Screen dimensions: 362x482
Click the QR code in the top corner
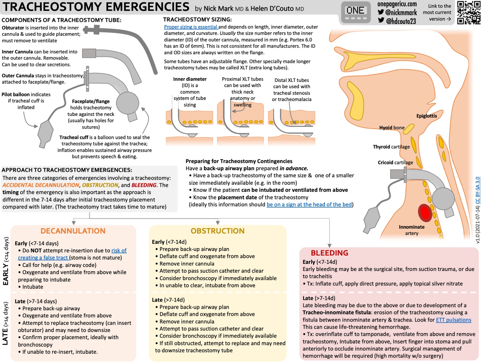pyautogui.click(x=469, y=13)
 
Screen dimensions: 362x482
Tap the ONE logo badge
pyautogui.click(x=355, y=12)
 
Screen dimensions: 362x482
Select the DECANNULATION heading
pyautogui.click(x=73, y=231)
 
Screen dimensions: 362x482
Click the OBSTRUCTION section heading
pyautogui.click(x=218, y=231)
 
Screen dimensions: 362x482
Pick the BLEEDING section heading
pyautogui.click(x=329, y=253)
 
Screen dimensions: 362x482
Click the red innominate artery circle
pyautogui.click(x=425, y=213)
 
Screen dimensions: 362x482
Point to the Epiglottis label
pyautogui.click(x=426, y=116)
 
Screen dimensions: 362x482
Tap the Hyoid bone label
pyautogui.click(x=392, y=128)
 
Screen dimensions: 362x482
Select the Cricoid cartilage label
pyautogui.click(x=395, y=162)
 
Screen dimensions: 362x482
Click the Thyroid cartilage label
pyautogui.click(x=391, y=147)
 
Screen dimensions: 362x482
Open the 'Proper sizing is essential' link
pyautogui.click(x=191, y=27)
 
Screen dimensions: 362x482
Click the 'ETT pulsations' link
pyautogui.click(x=453, y=320)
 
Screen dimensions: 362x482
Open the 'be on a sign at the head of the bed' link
pyautogui.click(x=309, y=204)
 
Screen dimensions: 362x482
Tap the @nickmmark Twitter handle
pyautogui.click(x=401, y=13)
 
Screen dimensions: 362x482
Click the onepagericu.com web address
pyautogui.click(x=397, y=4)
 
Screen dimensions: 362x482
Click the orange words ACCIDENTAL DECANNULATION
pyautogui.click(x=41, y=185)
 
